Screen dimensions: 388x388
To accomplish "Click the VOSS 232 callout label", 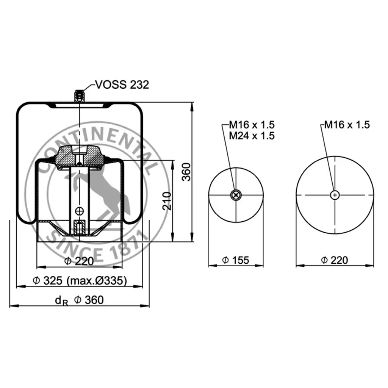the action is pyautogui.click(x=122, y=84).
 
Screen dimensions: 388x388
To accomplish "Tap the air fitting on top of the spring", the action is pyautogui.click(x=80, y=96).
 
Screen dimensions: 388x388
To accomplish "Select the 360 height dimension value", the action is pyautogui.click(x=186, y=172).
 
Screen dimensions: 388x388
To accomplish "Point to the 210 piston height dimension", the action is pyautogui.click(x=167, y=201).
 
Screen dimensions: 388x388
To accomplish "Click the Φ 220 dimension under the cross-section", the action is pyautogui.click(x=79, y=261).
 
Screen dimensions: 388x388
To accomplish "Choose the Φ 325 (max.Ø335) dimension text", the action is pyautogui.click(x=80, y=281).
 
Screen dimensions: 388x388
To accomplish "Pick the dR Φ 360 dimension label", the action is pyautogui.click(x=79, y=300).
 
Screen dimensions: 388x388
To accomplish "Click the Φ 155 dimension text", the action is pyautogui.click(x=236, y=260).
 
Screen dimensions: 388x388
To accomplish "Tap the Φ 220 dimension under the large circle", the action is pyautogui.click(x=335, y=260).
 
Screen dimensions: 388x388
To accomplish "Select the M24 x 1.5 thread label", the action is pyautogui.click(x=252, y=136).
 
